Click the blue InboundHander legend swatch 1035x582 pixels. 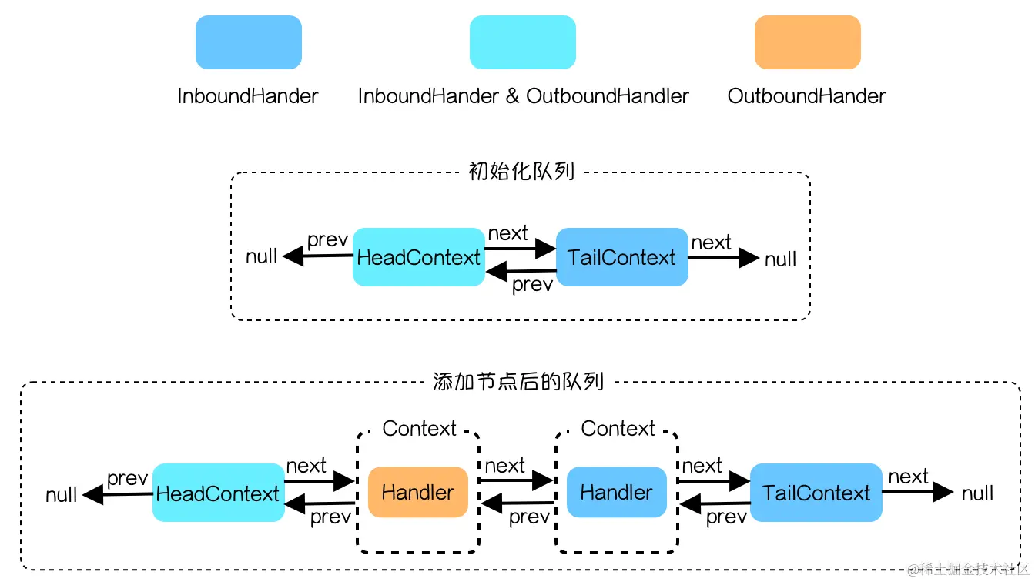[x=248, y=42]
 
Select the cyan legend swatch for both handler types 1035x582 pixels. [x=522, y=42]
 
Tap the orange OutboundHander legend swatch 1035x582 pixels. [x=807, y=42]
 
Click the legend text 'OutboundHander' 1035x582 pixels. [x=806, y=96]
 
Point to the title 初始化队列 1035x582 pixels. [x=521, y=171]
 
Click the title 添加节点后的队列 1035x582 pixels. [x=518, y=381]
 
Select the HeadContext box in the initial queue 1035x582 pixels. [x=418, y=257]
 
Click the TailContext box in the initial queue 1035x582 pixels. [x=621, y=257]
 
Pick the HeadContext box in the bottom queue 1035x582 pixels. [x=218, y=493]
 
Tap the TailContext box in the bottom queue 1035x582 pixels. [x=816, y=493]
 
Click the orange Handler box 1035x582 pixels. [x=417, y=492]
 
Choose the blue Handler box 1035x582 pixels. [x=616, y=492]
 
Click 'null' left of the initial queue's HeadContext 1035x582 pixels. [x=262, y=256]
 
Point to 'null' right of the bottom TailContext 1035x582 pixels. [x=977, y=493]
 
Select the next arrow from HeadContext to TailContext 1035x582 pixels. [x=521, y=248]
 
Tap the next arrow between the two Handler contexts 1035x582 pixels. [x=515, y=480]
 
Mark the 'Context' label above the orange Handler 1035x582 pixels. [x=419, y=429]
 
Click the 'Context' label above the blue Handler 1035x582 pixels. [x=618, y=429]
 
